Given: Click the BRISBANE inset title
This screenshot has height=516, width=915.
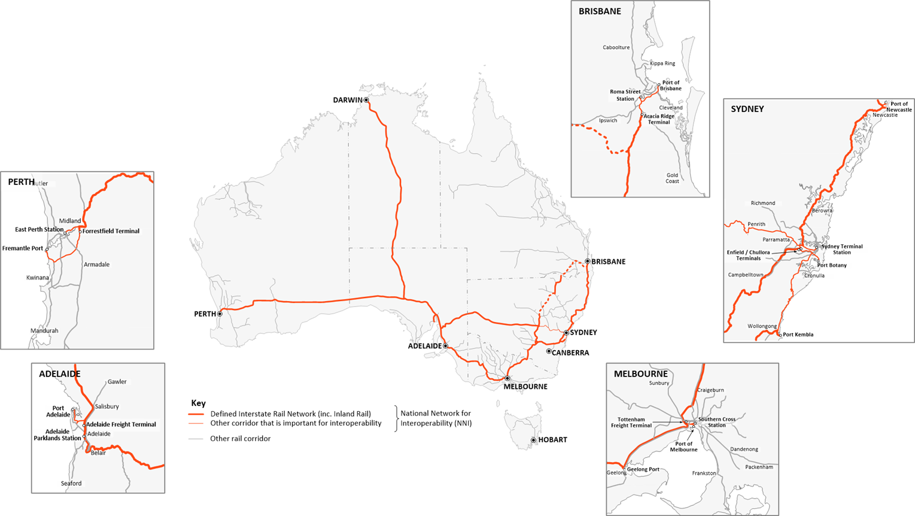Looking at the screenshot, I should coord(600,11).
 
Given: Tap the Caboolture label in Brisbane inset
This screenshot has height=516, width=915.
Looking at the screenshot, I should coord(616,47).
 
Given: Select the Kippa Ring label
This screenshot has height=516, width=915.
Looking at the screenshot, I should coord(662,63).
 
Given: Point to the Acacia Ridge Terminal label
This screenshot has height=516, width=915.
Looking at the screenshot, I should coord(659,119).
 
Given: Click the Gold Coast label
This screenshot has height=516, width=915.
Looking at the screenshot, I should coord(672,178).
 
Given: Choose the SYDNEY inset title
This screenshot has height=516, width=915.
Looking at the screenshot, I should coord(747,109).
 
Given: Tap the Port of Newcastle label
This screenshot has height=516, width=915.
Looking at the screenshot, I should coord(899,107).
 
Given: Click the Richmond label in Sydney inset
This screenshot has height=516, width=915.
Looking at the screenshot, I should coord(762,204).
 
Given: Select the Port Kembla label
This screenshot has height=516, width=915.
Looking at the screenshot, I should coord(798,335).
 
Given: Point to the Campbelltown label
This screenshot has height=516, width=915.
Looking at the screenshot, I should coord(745,275).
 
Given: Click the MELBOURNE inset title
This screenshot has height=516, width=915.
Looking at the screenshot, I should coord(640,374).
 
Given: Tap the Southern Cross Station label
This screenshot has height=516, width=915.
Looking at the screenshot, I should coord(716,422).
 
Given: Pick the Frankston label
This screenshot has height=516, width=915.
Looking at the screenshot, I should coord(704,473).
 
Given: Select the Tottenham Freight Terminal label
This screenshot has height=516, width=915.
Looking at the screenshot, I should coord(631,423).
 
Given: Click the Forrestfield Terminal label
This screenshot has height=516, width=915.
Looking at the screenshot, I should coord(111,231).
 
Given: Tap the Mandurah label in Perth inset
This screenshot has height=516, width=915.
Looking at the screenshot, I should coord(44,331).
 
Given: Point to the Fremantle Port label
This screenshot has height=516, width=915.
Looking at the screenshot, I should coord(23,248).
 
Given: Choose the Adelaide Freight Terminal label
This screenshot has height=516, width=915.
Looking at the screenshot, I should coord(121,424).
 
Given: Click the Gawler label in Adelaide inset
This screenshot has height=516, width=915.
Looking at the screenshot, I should coord(117,382).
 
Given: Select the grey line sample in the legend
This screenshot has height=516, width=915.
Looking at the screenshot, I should coord(196,439).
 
